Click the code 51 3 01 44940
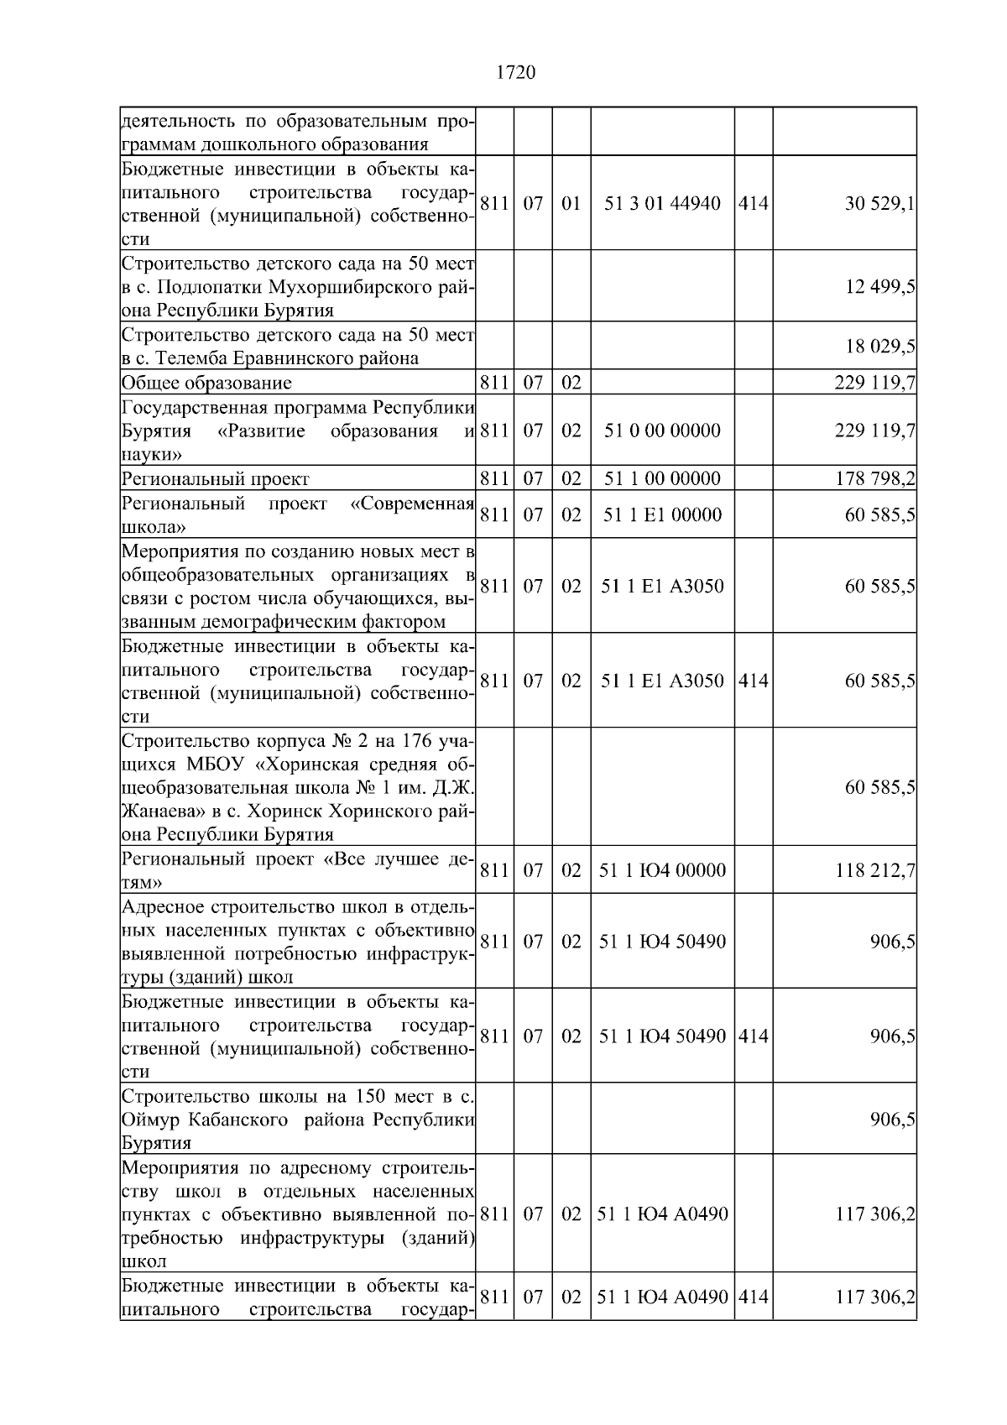[662, 204]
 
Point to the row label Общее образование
[206, 384]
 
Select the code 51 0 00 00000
[662, 431]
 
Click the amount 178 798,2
[874, 479]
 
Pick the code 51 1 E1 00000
[662, 515]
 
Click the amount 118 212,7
[874, 870]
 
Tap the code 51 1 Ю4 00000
[662, 870]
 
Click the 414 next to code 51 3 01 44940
[753, 204]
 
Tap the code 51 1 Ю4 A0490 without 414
[662, 1214]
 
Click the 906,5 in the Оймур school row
[892, 1120]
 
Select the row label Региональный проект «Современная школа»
[298, 515]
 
